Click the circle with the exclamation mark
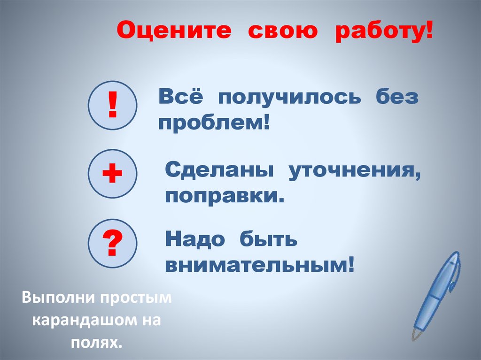coord(112,105)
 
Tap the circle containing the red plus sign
coord(112,174)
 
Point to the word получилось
coord(288,99)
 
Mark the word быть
coord(268,240)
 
